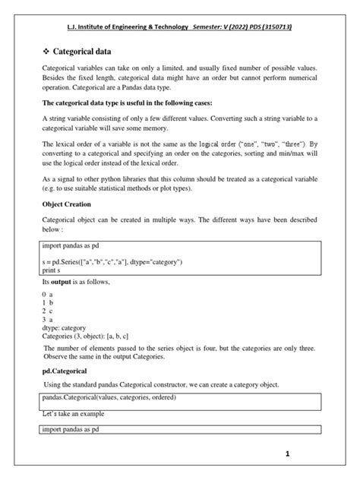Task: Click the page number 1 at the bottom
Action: (287, 453)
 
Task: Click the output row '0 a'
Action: (48, 294)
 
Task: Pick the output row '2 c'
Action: (48, 311)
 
